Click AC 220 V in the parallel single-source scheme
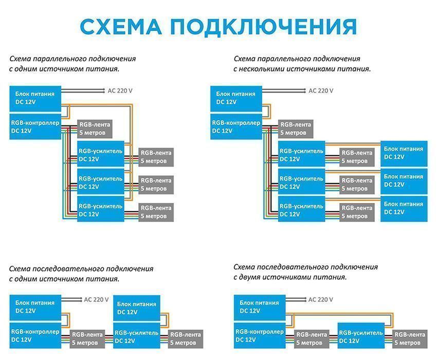(x=120, y=91)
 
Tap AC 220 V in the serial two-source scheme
(x=320, y=299)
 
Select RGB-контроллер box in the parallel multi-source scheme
(x=236, y=127)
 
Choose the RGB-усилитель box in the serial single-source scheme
(x=137, y=336)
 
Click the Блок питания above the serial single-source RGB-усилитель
(x=137, y=308)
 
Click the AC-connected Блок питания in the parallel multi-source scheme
(x=236, y=98)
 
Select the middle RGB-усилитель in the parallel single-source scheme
(x=101, y=183)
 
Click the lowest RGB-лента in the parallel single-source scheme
(x=156, y=212)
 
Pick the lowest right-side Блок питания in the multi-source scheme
(x=403, y=208)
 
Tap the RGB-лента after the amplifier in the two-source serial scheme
(x=409, y=338)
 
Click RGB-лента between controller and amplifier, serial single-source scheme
(x=87, y=338)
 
